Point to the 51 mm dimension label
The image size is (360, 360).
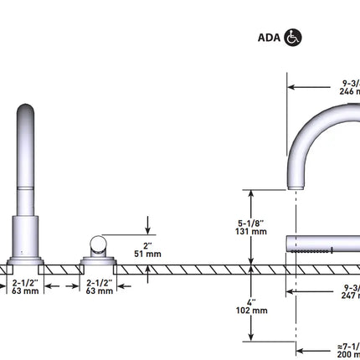(x=147, y=253)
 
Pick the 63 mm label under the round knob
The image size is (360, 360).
(x=100, y=291)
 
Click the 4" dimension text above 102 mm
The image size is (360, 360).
(x=252, y=301)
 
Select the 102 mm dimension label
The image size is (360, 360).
(x=252, y=311)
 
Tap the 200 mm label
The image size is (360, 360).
(x=350, y=355)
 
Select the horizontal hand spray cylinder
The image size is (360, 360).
(x=323, y=244)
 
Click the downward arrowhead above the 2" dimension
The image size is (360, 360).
(x=147, y=231)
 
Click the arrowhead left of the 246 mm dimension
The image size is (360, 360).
(x=291, y=85)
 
